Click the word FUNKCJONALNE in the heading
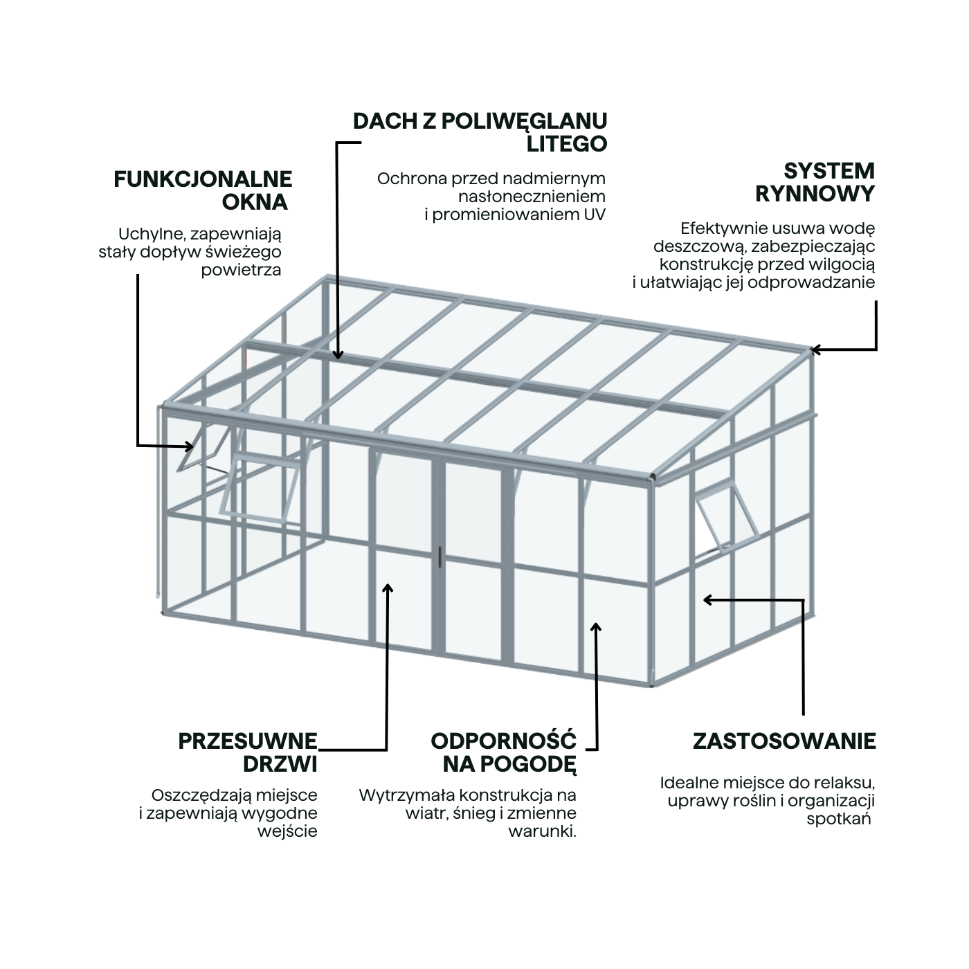pos(203,179)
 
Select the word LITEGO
pos(567,144)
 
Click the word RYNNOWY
pos(815,194)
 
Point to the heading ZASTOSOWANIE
pos(784,741)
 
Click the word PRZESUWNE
pos(248,741)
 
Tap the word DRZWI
pos(280,764)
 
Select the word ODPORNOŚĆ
pos(503,741)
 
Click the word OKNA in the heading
pos(255,202)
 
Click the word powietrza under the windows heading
pos(241,271)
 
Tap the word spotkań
pos(838,819)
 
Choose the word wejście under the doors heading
pos(287,831)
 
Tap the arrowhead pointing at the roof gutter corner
pos(815,350)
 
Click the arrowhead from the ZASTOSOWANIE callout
pos(708,599)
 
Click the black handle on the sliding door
pos(440,556)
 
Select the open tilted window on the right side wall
pos(727,516)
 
